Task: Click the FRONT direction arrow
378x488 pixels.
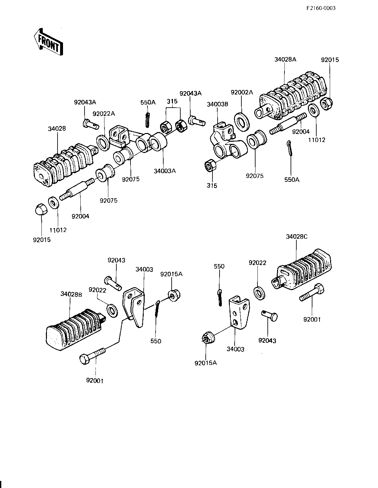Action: [x=48, y=42]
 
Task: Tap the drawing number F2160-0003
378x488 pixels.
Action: [x=321, y=8]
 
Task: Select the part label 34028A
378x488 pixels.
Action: [x=285, y=59]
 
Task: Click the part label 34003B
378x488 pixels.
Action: [x=217, y=104]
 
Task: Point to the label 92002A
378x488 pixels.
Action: [x=242, y=92]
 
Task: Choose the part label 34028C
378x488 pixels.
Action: [x=297, y=236]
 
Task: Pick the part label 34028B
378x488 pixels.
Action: [x=71, y=294]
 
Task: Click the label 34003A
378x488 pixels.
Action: [x=165, y=171]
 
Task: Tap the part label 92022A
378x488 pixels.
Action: [x=104, y=114]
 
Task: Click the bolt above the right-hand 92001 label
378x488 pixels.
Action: [x=312, y=292]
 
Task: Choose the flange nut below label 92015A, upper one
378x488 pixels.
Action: [x=174, y=296]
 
